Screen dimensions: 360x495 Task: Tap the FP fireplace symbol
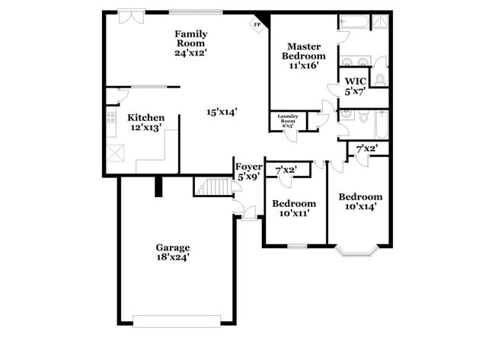[x=256, y=24]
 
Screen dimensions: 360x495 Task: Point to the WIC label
[x=354, y=81]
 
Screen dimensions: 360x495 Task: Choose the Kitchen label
[x=145, y=117]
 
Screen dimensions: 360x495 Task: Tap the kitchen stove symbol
[x=111, y=118]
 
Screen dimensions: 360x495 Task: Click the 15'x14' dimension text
[x=222, y=112]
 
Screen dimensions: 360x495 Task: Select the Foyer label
[x=248, y=167]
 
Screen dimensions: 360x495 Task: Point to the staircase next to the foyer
[x=212, y=186]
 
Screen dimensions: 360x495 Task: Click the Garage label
[x=173, y=247]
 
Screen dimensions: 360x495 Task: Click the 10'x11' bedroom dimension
[x=294, y=215]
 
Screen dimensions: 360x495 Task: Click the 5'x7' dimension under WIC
[x=355, y=91]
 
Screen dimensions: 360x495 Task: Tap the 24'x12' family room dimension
[x=191, y=53]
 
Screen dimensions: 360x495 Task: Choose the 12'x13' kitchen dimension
[x=145, y=128]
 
